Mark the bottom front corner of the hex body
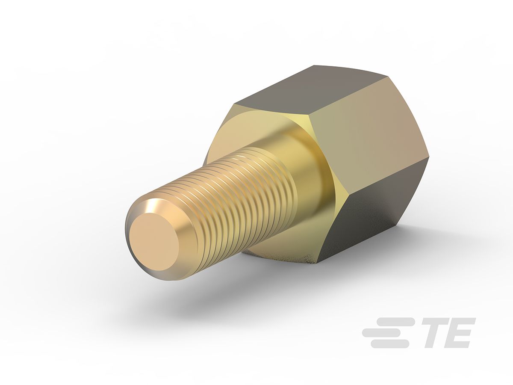pos(318,261)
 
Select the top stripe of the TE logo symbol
pos(395,321)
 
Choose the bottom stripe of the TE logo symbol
pos(389,344)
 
